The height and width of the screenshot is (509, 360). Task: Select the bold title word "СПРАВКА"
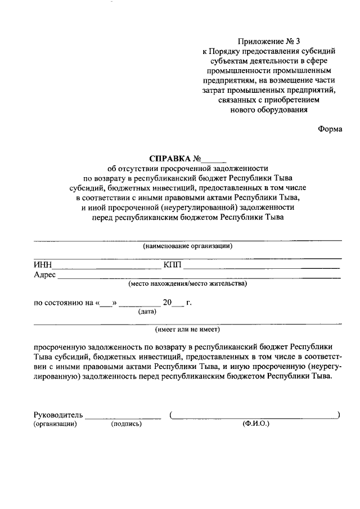pyautogui.click(x=170, y=159)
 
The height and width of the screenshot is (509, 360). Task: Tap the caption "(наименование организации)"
pyautogui.click(x=187, y=246)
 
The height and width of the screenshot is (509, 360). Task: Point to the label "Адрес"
pyautogui.click(x=44, y=274)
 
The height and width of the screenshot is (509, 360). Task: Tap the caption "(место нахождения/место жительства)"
pyautogui.click(x=187, y=283)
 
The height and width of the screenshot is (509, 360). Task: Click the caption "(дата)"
pyautogui.click(x=147, y=311)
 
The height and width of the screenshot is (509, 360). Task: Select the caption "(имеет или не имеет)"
pyautogui.click(x=187, y=330)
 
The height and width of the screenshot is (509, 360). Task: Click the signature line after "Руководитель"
pyautogui.click(x=123, y=417)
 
